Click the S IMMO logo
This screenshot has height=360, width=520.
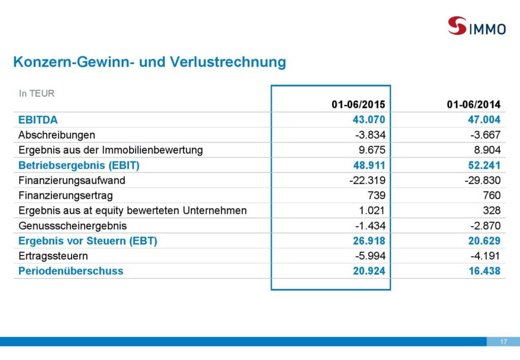(x=476, y=26)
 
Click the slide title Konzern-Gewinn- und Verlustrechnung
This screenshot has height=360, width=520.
(x=149, y=62)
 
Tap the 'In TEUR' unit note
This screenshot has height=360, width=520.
(x=37, y=93)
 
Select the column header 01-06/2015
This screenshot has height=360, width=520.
(x=359, y=105)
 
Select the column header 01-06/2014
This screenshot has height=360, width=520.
(x=473, y=105)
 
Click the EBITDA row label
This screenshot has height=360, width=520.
(x=38, y=120)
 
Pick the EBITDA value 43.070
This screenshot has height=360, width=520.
(x=369, y=120)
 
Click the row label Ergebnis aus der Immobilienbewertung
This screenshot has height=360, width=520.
(x=111, y=150)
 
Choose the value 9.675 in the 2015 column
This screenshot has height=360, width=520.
(x=372, y=150)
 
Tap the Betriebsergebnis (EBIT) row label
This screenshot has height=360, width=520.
(x=79, y=166)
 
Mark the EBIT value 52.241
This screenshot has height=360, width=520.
(x=484, y=166)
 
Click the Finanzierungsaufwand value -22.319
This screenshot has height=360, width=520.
(x=367, y=180)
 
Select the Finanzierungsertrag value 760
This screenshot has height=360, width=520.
(x=492, y=195)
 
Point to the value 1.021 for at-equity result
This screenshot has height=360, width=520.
(x=373, y=211)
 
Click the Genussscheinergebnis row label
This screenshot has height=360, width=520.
(x=73, y=225)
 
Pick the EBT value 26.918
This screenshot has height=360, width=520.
(x=369, y=241)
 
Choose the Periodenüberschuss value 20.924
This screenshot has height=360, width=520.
(x=369, y=271)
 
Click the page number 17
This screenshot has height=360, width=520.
(x=503, y=342)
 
